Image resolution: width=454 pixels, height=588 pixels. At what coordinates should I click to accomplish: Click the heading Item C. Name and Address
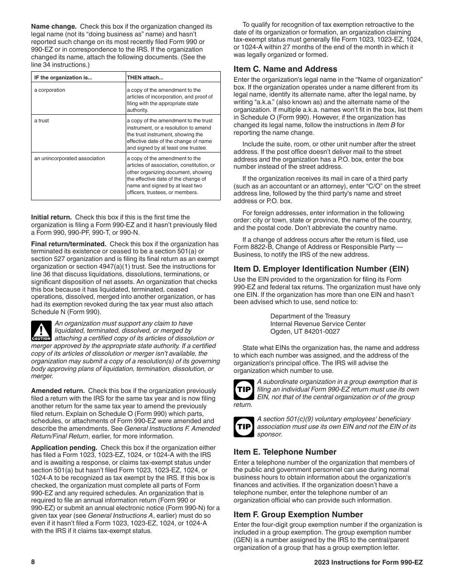point(285,69)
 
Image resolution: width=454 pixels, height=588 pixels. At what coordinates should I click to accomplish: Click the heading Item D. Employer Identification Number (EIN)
point(321,269)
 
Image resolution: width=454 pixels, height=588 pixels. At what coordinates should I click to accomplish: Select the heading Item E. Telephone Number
point(285,452)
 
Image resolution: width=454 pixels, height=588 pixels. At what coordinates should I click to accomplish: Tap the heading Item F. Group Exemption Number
point(298,514)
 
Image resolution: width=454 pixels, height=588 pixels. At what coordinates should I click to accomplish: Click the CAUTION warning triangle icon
point(41,331)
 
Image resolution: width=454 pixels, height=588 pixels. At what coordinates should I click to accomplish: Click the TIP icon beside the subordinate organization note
point(243,390)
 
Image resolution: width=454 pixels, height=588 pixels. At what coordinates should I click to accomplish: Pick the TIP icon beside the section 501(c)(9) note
point(243,427)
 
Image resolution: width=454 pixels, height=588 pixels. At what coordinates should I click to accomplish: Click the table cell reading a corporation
point(50,90)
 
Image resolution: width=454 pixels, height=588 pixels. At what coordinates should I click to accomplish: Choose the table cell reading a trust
point(41,121)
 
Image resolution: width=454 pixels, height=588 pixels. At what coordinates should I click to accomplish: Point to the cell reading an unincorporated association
point(69,158)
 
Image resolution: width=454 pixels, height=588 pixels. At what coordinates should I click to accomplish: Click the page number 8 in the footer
point(33,562)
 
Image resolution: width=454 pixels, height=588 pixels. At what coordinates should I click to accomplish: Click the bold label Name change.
point(54,26)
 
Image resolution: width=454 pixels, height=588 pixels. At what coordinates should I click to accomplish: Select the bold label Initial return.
point(51,217)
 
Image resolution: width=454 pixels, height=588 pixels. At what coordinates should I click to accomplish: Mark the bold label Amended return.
point(58,391)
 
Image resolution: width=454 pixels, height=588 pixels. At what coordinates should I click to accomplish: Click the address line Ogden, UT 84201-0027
point(305,331)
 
